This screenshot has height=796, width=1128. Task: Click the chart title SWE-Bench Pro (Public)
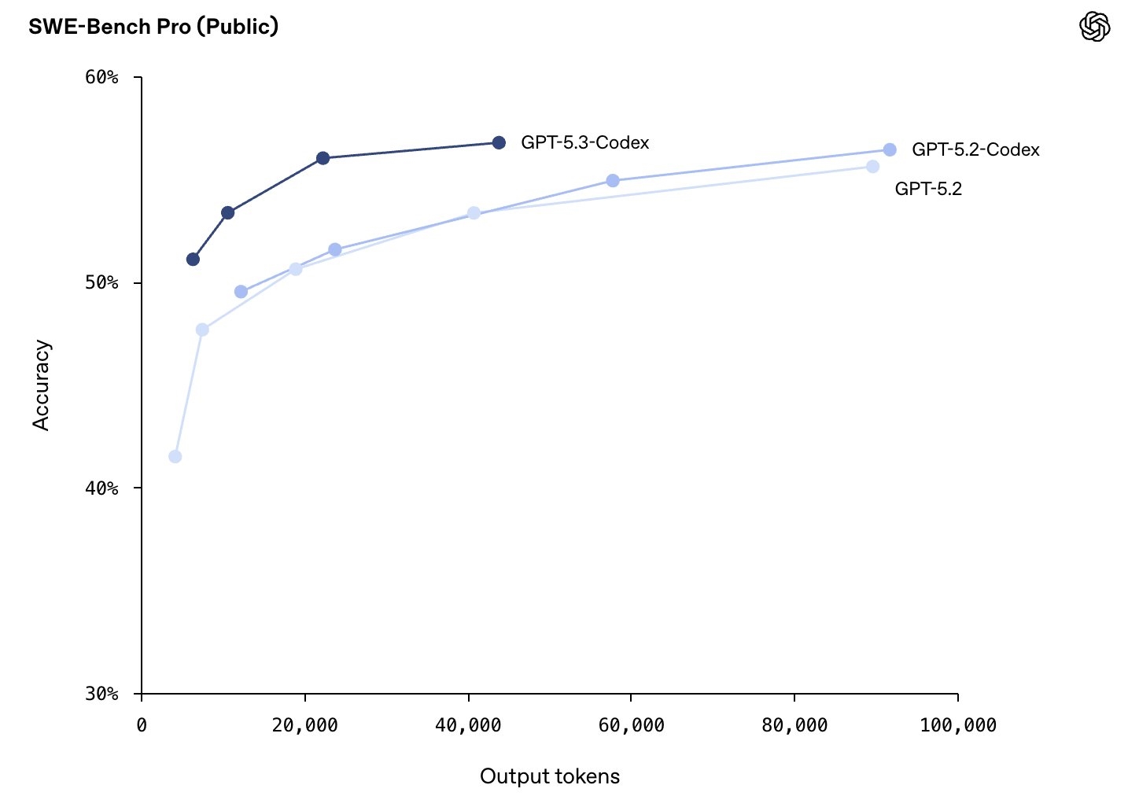coord(153,27)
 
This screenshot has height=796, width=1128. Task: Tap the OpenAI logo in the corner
coord(1094,27)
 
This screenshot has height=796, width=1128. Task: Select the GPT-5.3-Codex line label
coord(584,143)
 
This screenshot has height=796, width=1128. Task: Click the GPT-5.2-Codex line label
coord(975,149)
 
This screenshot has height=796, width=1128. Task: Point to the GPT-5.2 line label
coord(928,189)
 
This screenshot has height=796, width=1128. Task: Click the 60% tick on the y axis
coord(101,77)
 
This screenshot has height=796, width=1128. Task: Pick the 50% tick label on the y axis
coord(101,282)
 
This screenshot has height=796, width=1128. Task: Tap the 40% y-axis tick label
coord(101,488)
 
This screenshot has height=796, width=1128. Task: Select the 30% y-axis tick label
coord(101,694)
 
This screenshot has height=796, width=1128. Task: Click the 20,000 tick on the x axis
coord(304,725)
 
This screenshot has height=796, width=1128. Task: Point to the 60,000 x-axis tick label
coord(631,725)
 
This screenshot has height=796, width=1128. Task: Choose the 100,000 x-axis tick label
coord(957,725)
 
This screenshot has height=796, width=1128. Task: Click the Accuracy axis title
coord(41,385)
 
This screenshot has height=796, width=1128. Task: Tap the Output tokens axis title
coord(550,776)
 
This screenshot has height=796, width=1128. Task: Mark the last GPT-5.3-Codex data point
coord(499,142)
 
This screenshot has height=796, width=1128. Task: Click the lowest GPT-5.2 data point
coord(175,456)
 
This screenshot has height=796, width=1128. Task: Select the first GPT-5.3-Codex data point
coord(193,259)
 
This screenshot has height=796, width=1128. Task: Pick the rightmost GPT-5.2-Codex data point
coord(890,149)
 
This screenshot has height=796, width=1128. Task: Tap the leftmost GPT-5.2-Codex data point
coord(241,292)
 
